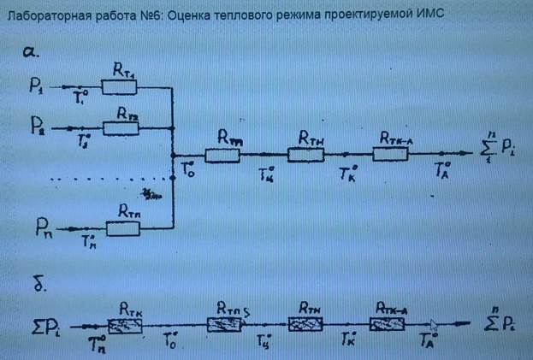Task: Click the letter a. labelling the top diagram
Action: (x=32, y=53)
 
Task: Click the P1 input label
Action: (x=37, y=86)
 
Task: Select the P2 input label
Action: (x=38, y=127)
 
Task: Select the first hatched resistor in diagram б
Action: (x=129, y=325)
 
